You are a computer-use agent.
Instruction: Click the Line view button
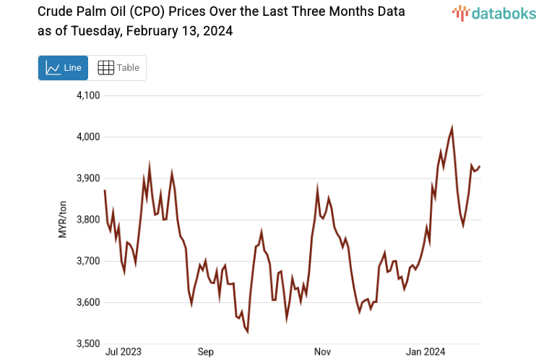tap(64, 68)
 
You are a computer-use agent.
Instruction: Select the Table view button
tap(118, 68)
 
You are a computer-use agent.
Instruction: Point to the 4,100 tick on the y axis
tap(87, 95)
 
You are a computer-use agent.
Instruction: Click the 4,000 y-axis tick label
tap(87, 137)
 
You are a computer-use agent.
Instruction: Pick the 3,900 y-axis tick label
tap(87, 179)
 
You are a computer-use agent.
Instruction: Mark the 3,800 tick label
tap(87, 220)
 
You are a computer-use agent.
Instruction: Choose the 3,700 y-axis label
tap(87, 261)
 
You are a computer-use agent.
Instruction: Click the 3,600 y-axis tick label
tap(87, 302)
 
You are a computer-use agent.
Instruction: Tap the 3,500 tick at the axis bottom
tap(87, 343)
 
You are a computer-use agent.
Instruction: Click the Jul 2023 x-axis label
tap(124, 352)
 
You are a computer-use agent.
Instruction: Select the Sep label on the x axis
tap(206, 352)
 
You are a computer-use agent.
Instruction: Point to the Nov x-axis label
tap(322, 352)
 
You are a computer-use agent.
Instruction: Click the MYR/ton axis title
tap(62, 219)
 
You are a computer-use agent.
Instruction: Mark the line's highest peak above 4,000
tap(452, 128)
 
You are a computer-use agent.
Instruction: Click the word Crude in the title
tap(55, 12)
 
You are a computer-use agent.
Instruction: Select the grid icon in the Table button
tap(105, 68)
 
